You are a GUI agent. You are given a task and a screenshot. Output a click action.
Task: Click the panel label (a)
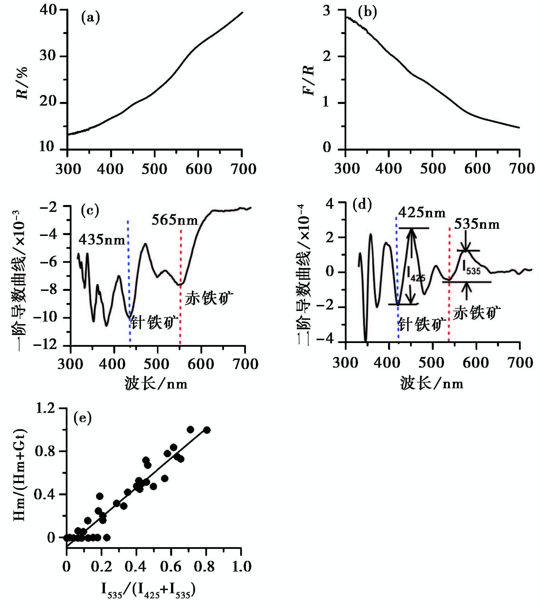click(x=90, y=18)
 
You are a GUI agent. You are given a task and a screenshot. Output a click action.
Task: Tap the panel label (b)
click(x=367, y=13)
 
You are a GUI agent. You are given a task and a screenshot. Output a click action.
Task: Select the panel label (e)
click(x=82, y=418)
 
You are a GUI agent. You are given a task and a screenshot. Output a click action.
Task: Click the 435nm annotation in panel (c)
click(x=102, y=240)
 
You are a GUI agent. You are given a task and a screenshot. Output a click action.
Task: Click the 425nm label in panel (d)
click(x=422, y=213)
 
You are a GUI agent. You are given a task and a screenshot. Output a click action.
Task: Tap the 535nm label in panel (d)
click(x=477, y=224)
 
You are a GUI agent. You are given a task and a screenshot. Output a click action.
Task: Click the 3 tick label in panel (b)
click(x=326, y=11)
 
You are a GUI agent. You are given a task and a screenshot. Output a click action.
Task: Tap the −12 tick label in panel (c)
click(x=45, y=345)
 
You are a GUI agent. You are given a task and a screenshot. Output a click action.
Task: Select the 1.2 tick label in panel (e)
click(x=45, y=409)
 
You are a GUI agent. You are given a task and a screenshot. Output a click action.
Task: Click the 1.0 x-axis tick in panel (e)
click(x=241, y=567)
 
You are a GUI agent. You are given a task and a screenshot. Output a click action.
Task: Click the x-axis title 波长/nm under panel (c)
click(x=156, y=384)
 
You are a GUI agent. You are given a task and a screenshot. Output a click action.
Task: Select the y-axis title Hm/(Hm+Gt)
click(x=20, y=474)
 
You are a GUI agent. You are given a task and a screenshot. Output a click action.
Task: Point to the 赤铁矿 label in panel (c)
click(x=209, y=298)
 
